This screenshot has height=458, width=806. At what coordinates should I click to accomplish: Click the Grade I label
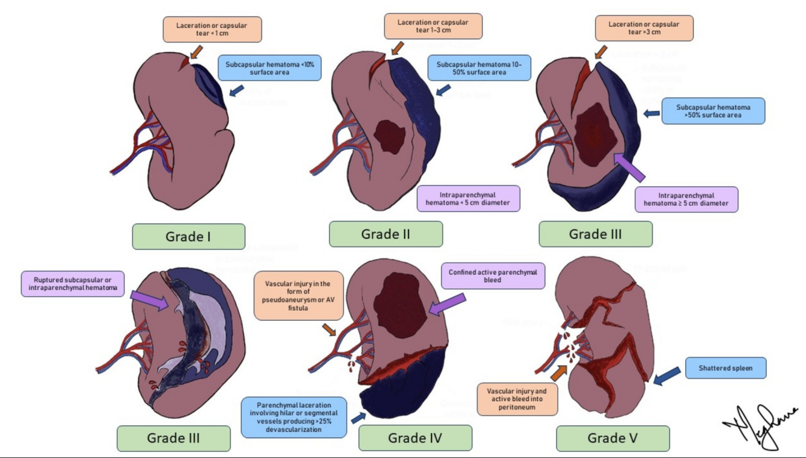pyautogui.click(x=189, y=236)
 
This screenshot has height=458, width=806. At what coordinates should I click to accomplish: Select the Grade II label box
pyautogui.click(x=385, y=234)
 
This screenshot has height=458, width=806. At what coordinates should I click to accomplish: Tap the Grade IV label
pyautogui.click(x=415, y=437)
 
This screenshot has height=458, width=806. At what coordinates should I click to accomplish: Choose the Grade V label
pyautogui.click(x=613, y=438)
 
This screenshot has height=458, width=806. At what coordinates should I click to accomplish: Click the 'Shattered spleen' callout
pyautogui.click(x=725, y=368)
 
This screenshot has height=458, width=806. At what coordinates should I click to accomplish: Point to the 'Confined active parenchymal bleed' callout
pyautogui.click(x=492, y=276)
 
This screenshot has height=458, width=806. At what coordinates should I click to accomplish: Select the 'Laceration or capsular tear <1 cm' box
pyautogui.click(x=211, y=30)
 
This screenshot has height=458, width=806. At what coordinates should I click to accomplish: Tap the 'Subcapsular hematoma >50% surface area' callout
pyautogui.click(x=713, y=111)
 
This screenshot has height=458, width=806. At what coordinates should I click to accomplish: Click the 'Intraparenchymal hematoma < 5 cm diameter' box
pyautogui.click(x=468, y=198)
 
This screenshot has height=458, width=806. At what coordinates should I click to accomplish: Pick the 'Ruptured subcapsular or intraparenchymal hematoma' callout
pyautogui.click(x=73, y=284)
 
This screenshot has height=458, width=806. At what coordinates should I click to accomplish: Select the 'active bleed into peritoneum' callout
pyautogui.click(x=517, y=399)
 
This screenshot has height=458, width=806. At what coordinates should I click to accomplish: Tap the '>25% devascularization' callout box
pyautogui.click(x=294, y=416)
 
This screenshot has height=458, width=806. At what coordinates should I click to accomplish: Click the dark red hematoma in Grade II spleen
pyautogui.click(x=389, y=137)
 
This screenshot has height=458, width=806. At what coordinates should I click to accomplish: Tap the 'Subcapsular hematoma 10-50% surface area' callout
pyautogui.click(x=479, y=68)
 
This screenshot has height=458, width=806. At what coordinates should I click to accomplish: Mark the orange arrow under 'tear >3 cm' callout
pyautogui.click(x=599, y=52)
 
